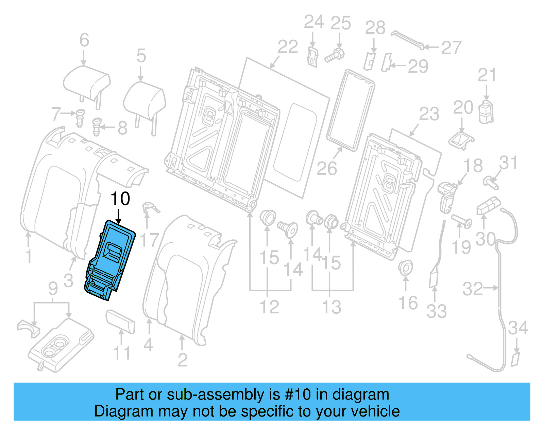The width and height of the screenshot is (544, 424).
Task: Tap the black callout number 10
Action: click(120, 199)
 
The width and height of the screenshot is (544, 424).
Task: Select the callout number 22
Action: click(288, 47)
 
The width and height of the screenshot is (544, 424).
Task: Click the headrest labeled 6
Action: click(87, 83)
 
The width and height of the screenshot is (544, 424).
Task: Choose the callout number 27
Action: click(451, 48)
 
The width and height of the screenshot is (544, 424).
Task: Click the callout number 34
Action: click(518, 328)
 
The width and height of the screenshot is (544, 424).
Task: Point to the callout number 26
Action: click(326, 168)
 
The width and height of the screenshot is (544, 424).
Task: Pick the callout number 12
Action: click(269, 307)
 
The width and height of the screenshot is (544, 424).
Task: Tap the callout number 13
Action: click(331, 307)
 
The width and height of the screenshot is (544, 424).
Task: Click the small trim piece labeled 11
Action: click(121, 321)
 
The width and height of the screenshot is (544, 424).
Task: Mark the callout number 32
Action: click(472, 289)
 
